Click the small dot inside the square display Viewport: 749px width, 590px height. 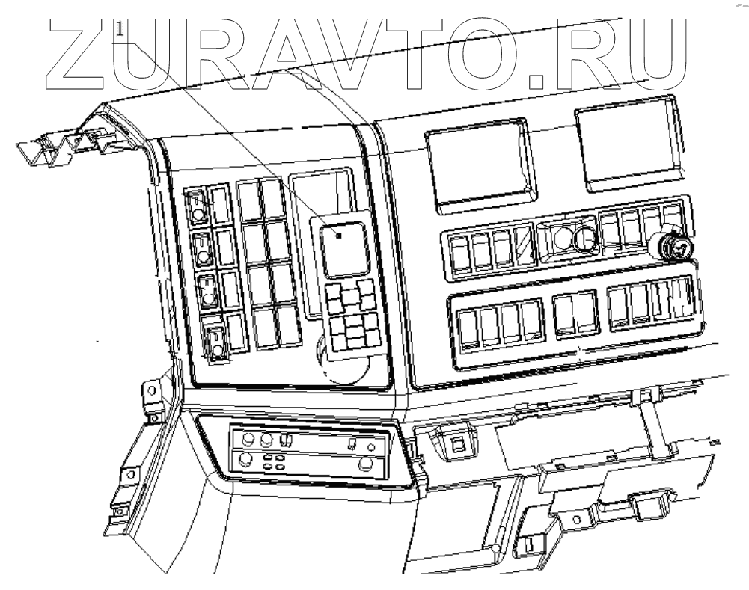(338, 236)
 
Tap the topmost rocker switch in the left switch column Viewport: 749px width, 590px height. (198, 207)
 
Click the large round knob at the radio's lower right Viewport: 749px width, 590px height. (366, 464)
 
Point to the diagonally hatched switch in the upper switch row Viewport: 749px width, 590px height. (525, 246)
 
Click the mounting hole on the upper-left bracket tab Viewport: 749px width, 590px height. (150, 390)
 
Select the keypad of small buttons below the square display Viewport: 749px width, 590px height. (352, 316)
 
